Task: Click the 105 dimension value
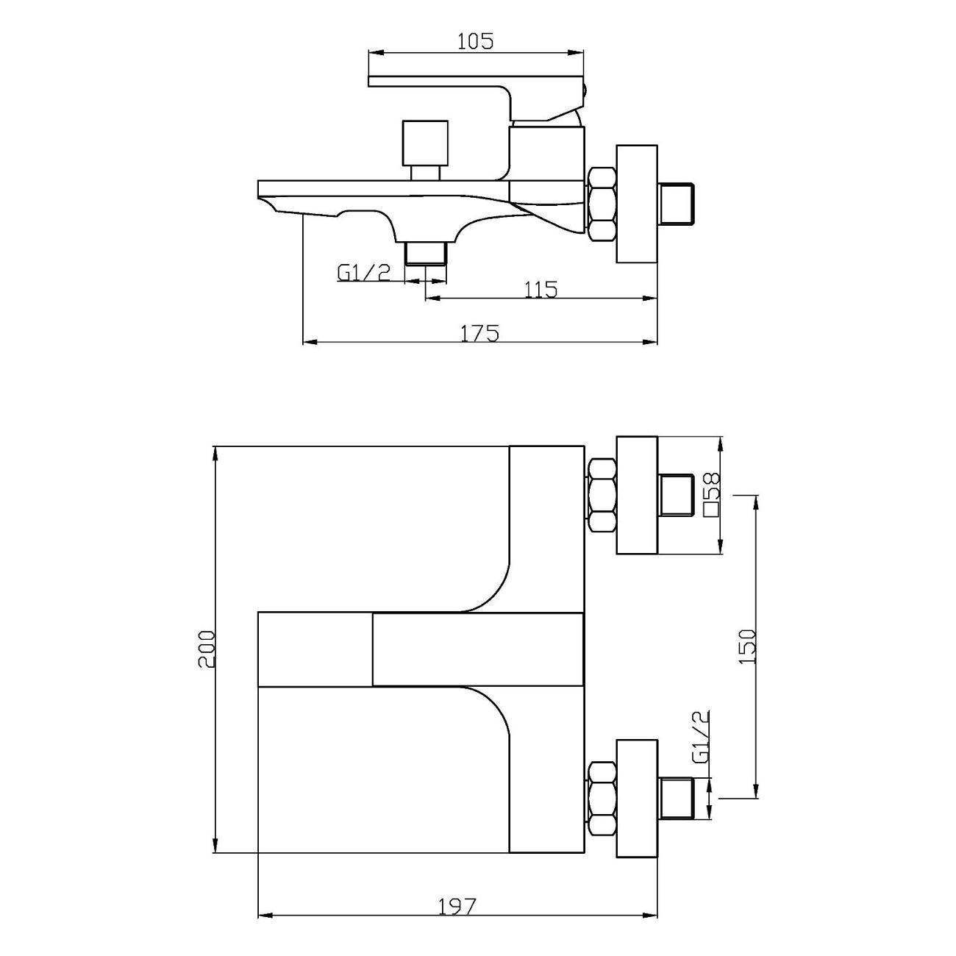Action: click(475, 42)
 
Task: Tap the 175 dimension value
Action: click(479, 333)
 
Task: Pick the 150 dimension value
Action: click(746, 647)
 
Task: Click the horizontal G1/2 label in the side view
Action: click(364, 272)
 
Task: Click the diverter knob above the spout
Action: click(426, 149)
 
